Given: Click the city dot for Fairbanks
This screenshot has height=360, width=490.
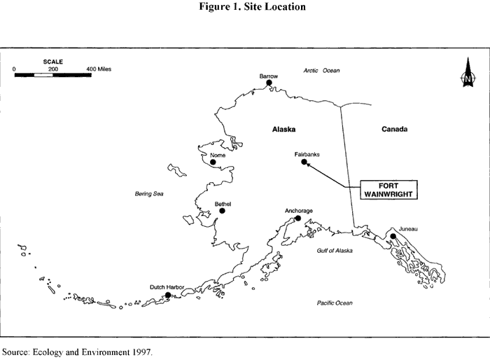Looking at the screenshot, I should click(304, 162).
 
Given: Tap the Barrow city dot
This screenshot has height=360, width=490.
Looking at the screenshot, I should click(269, 83).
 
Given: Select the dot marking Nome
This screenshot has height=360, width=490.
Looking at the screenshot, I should click(213, 162).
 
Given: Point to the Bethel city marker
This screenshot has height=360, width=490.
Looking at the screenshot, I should click(222, 210).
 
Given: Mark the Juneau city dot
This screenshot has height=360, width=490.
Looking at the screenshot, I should click(393, 237).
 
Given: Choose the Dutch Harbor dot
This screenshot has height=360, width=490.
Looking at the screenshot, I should click(168, 295).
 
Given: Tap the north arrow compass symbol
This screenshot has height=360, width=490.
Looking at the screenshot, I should click(467, 78).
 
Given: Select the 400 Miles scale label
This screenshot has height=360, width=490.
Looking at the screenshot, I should click(99, 69).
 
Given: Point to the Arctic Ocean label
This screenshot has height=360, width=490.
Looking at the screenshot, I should click(321, 71).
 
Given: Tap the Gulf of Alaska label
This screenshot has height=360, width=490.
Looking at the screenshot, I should click(332, 250).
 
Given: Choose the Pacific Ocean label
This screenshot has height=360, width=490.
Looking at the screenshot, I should click(333, 303).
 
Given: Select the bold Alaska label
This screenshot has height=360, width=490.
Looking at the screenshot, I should click(285, 130).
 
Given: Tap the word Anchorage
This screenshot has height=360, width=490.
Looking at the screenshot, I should click(299, 210).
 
